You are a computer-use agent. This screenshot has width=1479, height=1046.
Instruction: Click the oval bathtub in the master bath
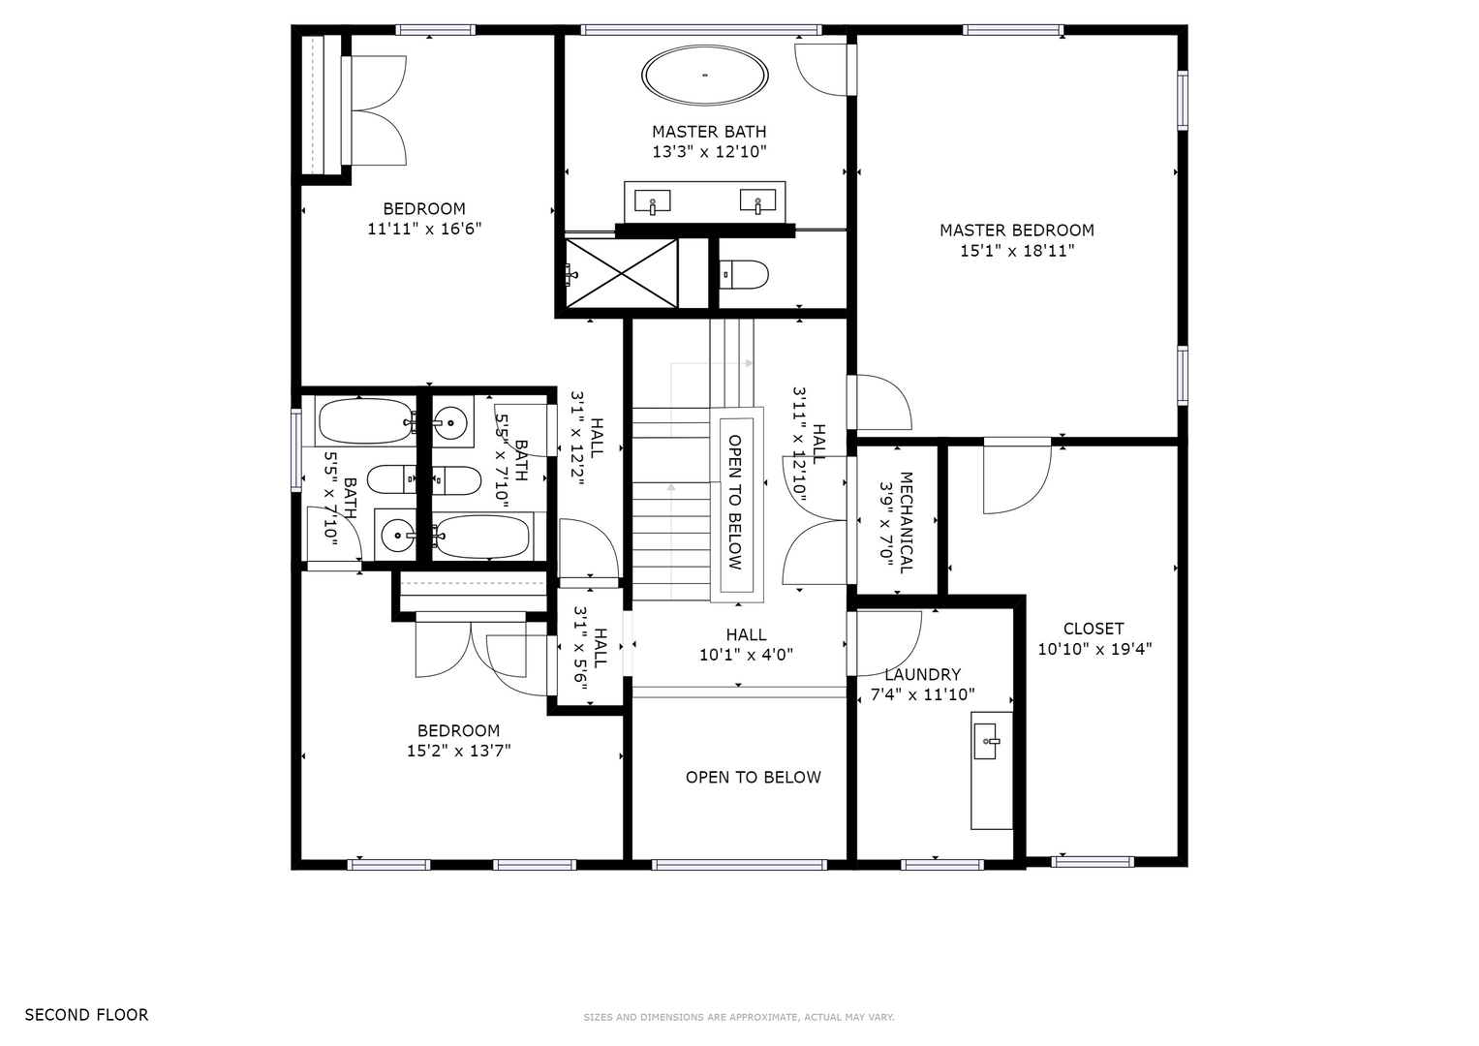click(704, 76)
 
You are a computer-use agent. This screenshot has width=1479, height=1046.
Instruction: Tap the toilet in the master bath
click(744, 275)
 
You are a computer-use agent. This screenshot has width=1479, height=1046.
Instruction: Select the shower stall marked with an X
click(622, 273)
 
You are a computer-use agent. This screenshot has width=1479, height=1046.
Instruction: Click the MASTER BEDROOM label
click(1017, 231)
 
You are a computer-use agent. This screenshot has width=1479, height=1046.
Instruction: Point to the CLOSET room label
click(1094, 629)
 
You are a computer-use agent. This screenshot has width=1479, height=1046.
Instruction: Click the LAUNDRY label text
click(922, 675)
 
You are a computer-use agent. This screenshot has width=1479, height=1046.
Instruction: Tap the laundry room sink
click(986, 741)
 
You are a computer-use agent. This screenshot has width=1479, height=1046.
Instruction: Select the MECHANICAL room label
click(906, 522)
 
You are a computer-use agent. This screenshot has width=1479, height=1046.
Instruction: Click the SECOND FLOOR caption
click(86, 1015)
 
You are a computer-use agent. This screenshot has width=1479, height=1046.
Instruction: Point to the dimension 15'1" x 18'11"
click(1017, 251)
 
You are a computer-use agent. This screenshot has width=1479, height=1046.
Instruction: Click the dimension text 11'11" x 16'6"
click(424, 230)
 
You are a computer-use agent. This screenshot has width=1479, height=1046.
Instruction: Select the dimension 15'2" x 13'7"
click(459, 751)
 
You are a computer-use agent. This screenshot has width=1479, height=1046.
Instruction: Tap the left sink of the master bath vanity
click(653, 201)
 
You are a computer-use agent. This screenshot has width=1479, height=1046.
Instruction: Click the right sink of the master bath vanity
click(758, 200)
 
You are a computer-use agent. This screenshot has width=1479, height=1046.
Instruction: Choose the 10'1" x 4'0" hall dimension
click(746, 655)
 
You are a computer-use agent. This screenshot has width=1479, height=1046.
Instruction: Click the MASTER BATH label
click(709, 132)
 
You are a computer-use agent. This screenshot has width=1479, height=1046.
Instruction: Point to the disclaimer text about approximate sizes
click(739, 1018)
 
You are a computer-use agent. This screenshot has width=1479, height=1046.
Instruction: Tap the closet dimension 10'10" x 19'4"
click(1094, 649)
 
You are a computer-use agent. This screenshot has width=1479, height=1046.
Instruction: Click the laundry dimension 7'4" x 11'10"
click(922, 694)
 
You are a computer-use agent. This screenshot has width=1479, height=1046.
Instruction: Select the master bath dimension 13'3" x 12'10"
click(709, 152)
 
